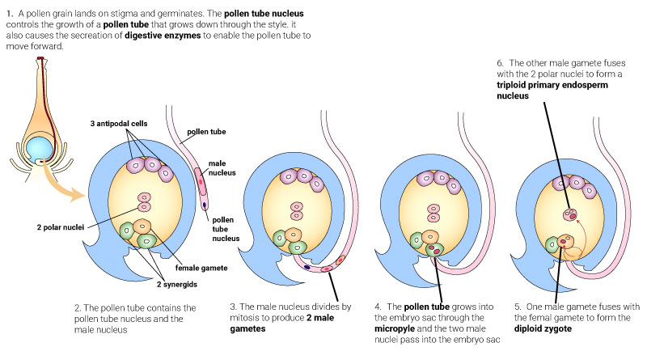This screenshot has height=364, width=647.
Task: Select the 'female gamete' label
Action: point(200,268)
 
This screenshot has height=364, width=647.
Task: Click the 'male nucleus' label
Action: point(218,168)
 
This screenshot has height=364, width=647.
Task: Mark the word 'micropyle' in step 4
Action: point(398,328)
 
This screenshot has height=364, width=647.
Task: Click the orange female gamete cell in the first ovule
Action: point(142,226)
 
